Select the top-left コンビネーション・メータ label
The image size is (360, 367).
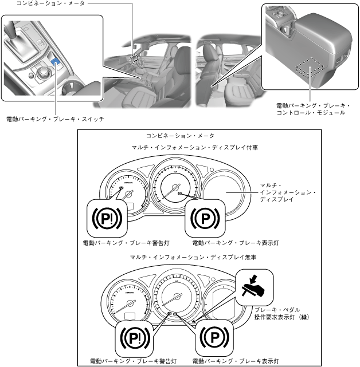click(43, 4)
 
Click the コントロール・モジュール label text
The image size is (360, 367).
click(310, 113)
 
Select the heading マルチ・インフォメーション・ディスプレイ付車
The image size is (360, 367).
click(194, 147)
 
